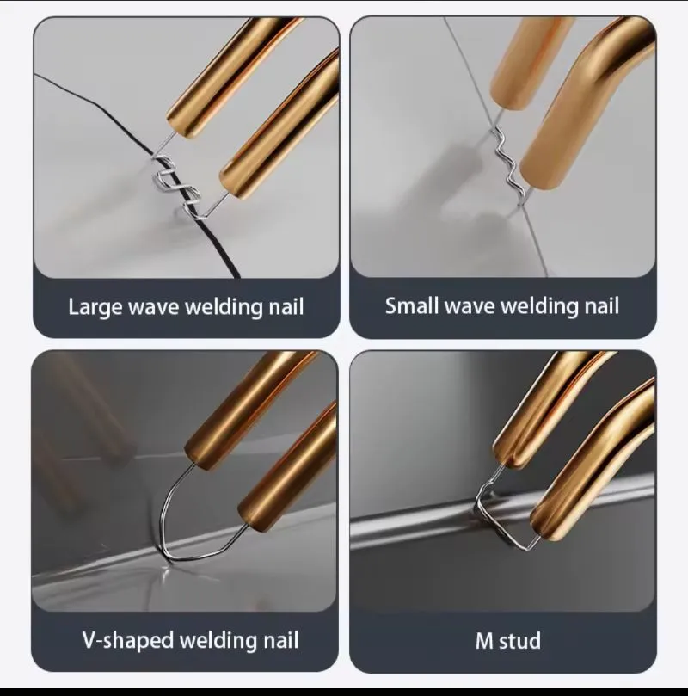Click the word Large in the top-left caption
(x=95, y=308)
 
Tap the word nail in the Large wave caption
(x=286, y=307)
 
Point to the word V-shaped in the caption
(x=128, y=641)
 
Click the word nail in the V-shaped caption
(x=281, y=640)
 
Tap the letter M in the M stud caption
(x=484, y=641)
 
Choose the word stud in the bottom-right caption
(x=520, y=641)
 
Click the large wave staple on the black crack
(x=177, y=183)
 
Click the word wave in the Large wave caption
(x=153, y=308)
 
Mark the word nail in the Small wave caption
(x=601, y=305)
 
